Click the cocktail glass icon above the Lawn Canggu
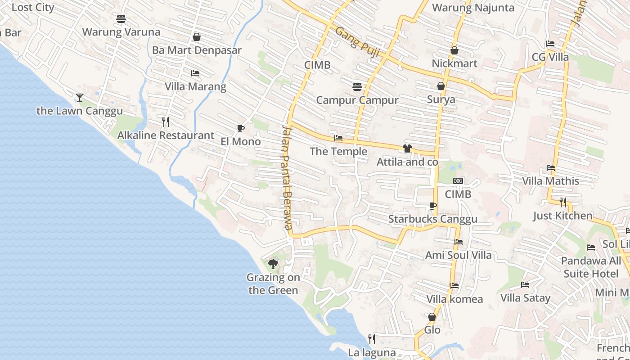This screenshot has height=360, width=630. point(80,97)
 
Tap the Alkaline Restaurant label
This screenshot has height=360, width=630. point(166,135)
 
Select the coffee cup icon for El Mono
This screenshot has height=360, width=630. point(241,128)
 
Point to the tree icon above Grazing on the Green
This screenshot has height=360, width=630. point(273,264)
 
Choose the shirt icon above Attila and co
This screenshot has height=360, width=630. point(407,148)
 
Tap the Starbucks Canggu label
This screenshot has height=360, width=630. point(432,219)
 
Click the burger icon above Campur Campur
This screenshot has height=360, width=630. point(357,86)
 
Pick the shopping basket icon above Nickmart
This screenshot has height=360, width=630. point(454,50)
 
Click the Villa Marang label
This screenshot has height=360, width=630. point(195,86)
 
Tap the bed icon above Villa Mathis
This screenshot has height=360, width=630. point(551,168)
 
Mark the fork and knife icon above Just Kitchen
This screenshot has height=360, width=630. point(563,202)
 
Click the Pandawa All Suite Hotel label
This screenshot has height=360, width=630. point(591,267)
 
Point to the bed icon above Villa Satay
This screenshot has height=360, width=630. point(525,285)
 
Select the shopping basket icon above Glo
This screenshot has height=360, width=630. point(432,317)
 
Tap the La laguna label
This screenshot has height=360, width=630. point(372,353)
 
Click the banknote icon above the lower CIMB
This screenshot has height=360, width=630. point(458,181)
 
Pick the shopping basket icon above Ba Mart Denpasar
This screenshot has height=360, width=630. point(197,37)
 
